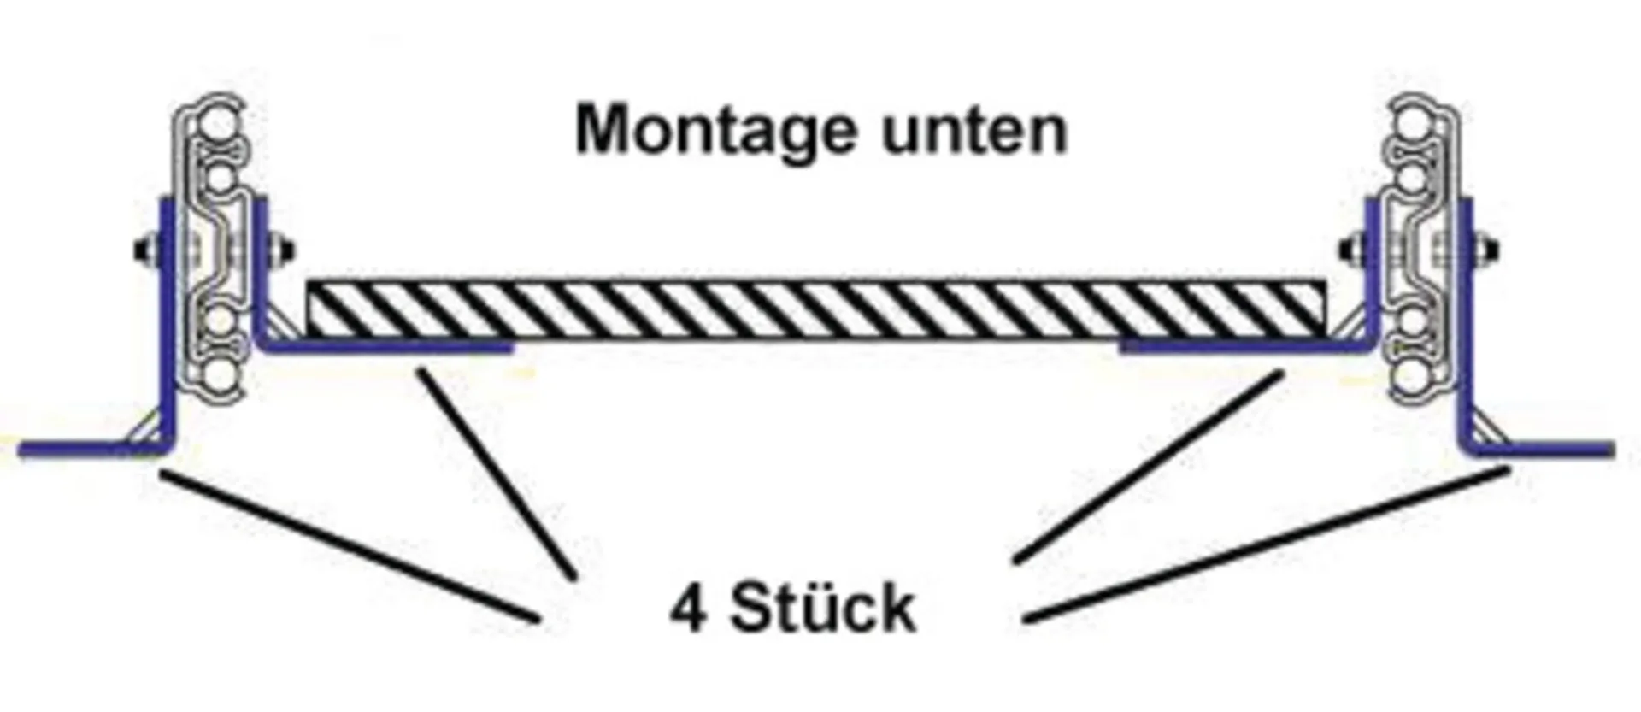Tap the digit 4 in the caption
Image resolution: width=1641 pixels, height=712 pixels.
(x=688, y=609)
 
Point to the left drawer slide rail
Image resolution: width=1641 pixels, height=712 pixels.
(x=215, y=248)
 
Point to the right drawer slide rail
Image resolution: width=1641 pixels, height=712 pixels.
(x=1420, y=248)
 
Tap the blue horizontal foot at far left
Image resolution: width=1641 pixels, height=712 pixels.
(x=85, y=448)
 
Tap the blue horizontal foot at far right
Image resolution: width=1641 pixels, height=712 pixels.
(x=1547, y=448)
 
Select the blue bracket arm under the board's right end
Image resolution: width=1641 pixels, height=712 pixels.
(x=1239, y=346)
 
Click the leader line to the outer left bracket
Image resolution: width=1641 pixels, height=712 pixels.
(x=350, y=547)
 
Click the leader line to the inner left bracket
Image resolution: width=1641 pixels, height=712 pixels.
(x=496, y=474)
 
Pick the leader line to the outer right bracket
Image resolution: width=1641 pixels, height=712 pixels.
(x=1265, y=543)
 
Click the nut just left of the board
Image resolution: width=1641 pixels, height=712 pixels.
(x=285, y=250)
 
